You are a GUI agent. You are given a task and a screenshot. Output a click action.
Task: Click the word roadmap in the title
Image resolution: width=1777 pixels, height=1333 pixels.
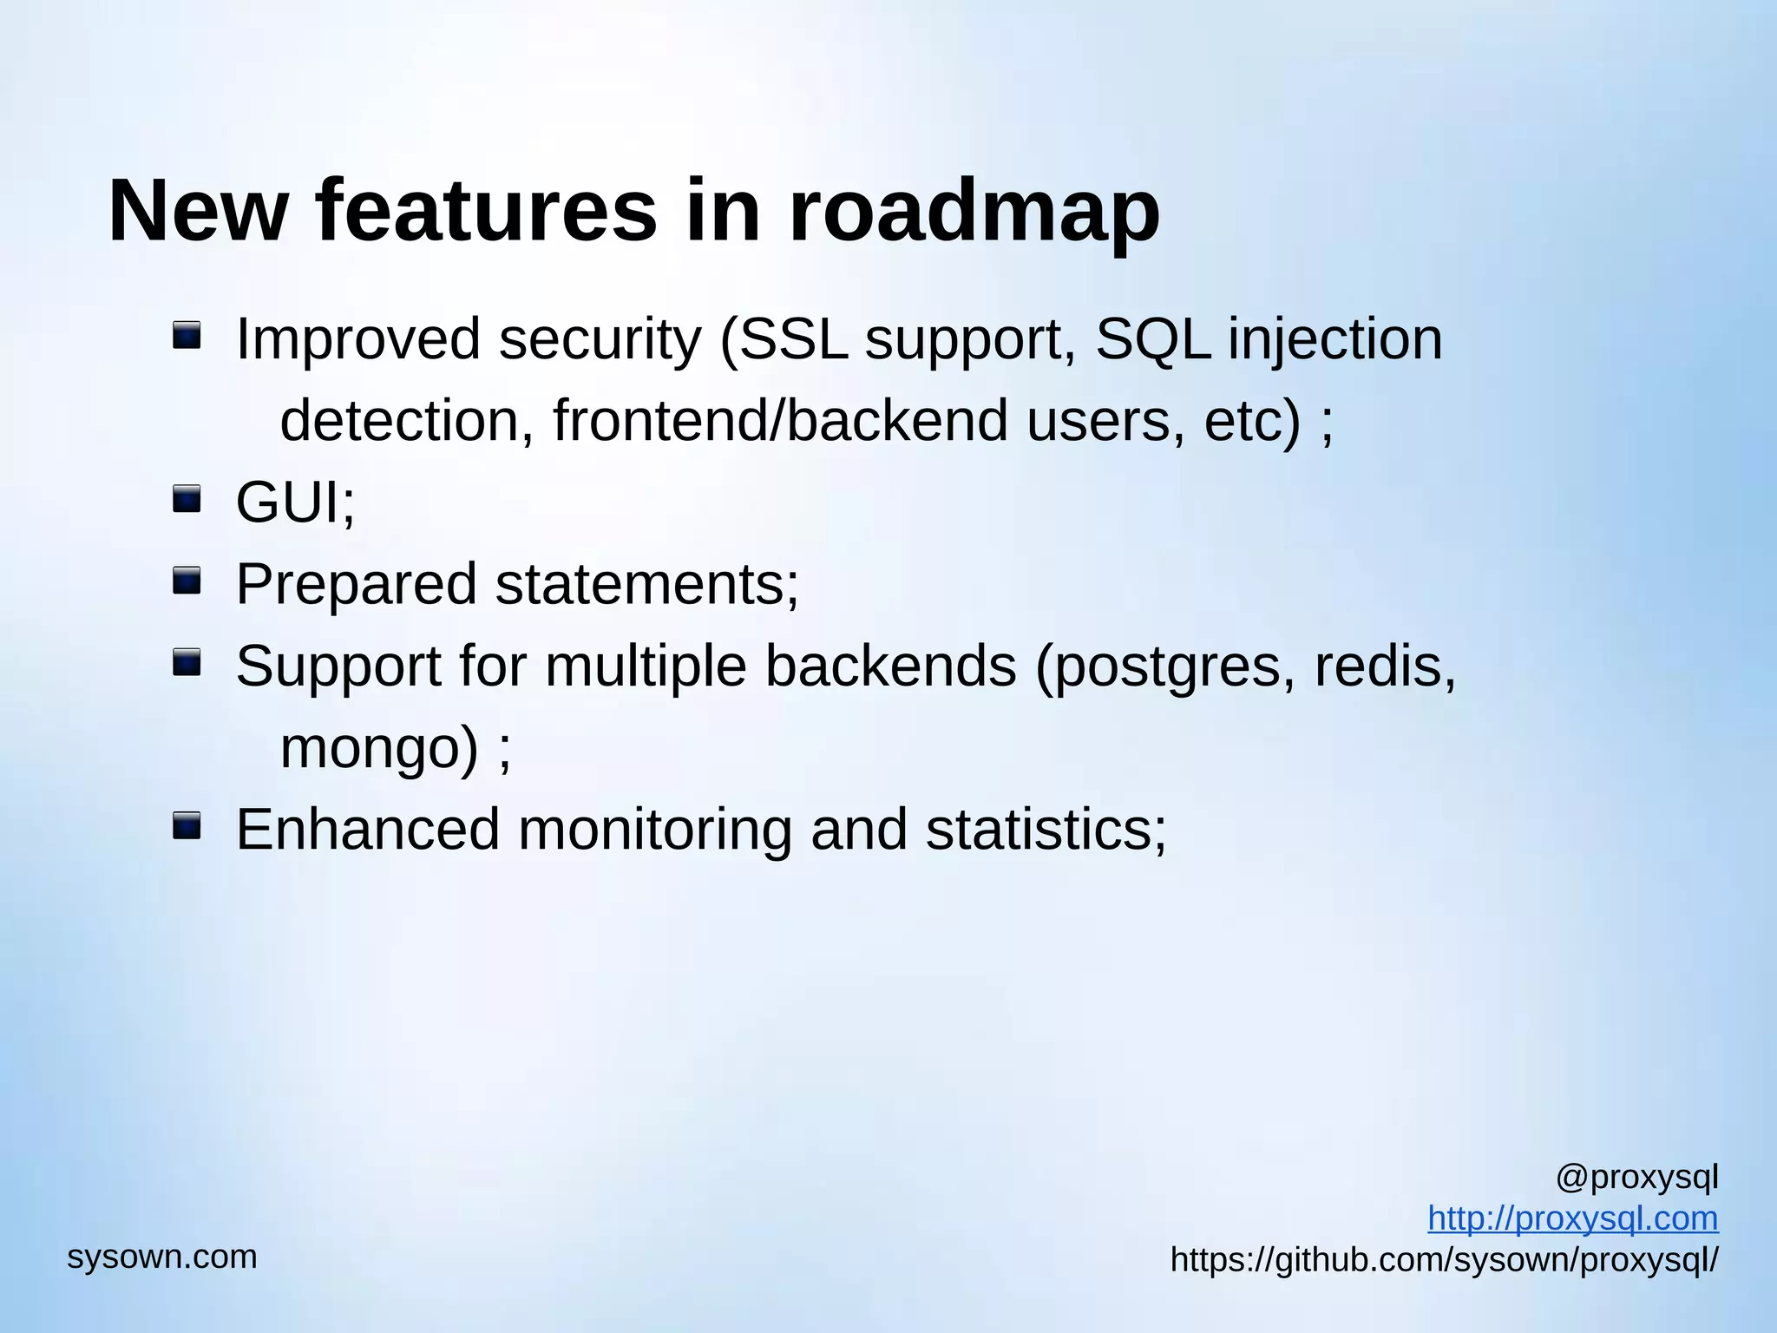[974, 213]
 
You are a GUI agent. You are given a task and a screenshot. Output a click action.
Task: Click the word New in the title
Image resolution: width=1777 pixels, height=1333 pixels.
[198, 213]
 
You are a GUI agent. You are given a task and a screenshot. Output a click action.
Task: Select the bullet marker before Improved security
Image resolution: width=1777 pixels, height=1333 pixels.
[187, 335]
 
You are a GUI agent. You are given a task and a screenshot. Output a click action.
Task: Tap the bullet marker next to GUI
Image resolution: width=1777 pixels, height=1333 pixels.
[187, 499]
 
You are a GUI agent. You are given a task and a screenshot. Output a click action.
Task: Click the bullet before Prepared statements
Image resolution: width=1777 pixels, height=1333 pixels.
[187, 581]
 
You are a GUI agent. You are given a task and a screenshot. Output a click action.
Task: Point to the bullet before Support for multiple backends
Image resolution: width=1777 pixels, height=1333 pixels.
[187, 663]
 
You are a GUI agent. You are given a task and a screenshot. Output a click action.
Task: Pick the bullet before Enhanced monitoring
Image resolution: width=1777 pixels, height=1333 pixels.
[187, 826]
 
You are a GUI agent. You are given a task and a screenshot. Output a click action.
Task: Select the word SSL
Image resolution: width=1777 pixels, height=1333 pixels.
[793, 338]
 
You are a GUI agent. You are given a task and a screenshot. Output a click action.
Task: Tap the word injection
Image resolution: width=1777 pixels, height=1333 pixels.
[1334, 340]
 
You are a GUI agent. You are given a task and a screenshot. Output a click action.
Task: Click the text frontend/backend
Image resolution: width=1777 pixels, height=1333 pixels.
[780, 421]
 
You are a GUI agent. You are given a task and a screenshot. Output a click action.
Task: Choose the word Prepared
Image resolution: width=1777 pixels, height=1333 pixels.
[356, 585]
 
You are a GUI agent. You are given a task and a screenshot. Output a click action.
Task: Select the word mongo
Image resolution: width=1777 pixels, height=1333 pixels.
[378, 748]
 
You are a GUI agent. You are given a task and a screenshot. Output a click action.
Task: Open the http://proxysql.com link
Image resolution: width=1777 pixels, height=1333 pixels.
[1572, 1218]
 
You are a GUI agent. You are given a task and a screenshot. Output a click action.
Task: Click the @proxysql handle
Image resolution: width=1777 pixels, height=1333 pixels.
[1636, 1178]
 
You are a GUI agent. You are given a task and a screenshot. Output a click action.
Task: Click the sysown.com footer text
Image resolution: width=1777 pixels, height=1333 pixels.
[162, 1257]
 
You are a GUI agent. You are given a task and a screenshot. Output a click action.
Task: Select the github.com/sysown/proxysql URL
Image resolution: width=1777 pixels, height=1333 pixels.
[1444, 1259]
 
